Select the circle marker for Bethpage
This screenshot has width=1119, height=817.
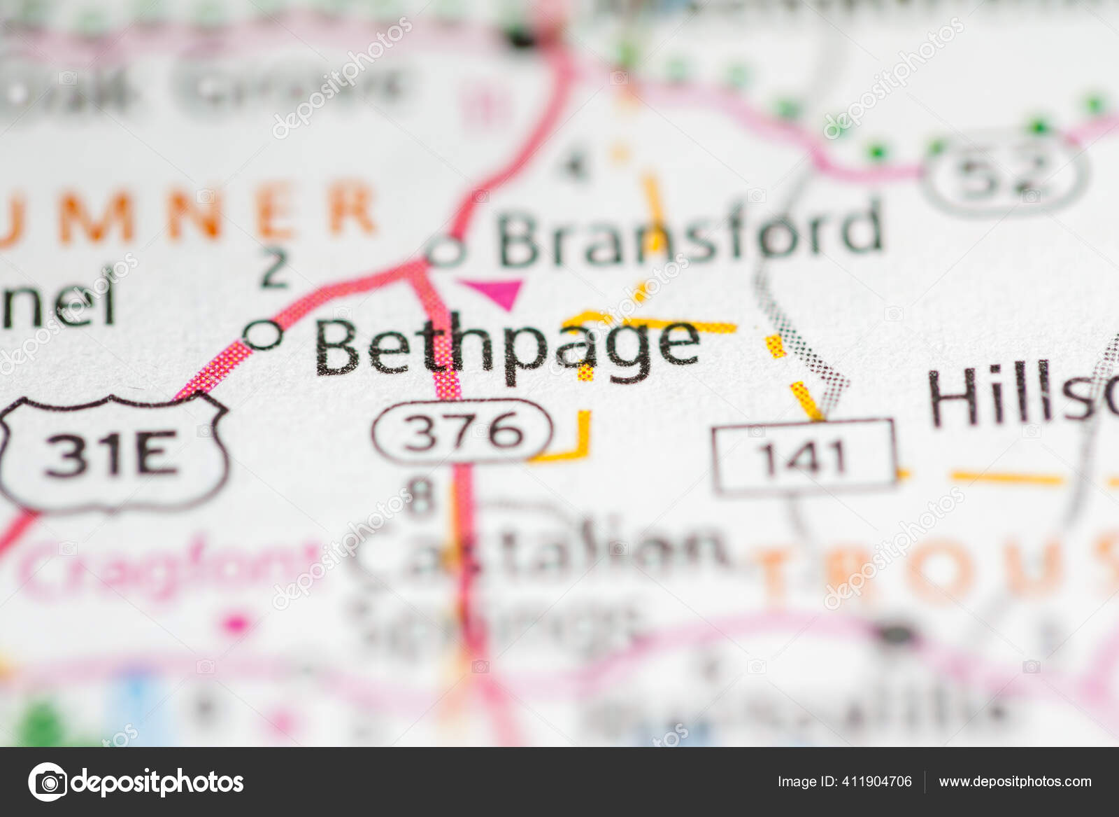pyautogui.click(x=264, y=334)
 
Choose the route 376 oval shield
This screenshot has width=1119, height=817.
pyautogui.click(x=462, y=431)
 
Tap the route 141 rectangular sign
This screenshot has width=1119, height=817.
pyautogui.click(x=804, y=456)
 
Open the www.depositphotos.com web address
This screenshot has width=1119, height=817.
pyautogui.click(x=1015, y=781)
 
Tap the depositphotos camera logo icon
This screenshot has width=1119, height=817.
pyautogui.click(x=48, y=781)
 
